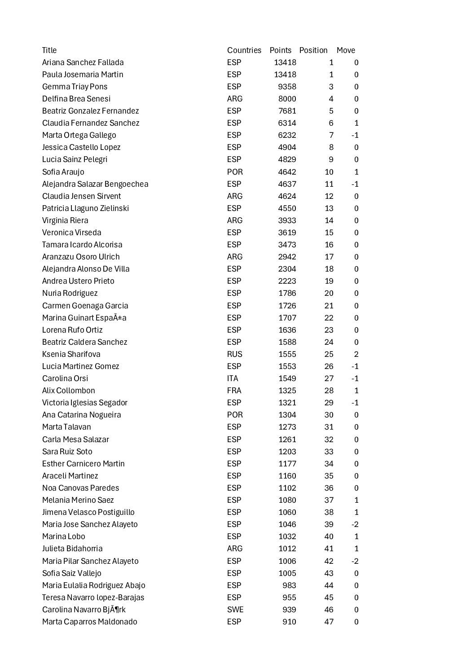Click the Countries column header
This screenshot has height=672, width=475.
coord(244,50)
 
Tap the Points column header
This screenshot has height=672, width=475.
coord(280,50)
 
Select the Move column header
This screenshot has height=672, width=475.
coord(346,50)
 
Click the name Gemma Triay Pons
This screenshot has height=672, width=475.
coord(75,87)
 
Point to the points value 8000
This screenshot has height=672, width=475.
coord(287,99)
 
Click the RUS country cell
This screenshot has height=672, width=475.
coord(234,354)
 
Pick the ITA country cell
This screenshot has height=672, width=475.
coord(233,378)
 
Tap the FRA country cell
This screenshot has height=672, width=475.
coord(234,391)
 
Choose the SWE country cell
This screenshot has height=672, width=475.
coord(235,610)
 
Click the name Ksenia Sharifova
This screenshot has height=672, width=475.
coord(71,354)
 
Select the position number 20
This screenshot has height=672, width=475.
coord(329,293)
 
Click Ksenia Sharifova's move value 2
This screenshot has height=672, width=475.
coord(356,354)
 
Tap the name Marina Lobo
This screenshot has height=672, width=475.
coord(63,536)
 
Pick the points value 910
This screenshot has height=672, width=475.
coord(289,622)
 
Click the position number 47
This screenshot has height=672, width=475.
coord(329,622)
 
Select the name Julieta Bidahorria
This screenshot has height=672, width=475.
coord(72,549)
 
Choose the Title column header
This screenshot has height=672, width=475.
coord(49,50)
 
